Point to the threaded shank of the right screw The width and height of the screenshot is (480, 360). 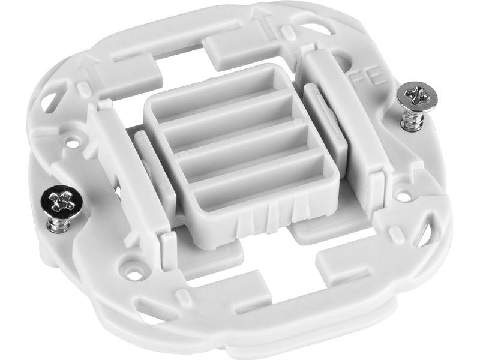(413, 120)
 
